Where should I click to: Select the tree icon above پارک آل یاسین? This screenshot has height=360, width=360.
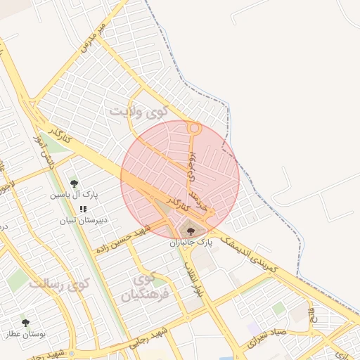click(75, 184)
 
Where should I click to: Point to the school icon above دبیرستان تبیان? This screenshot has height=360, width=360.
click(83, 209)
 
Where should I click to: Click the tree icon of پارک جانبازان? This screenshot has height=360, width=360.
click(191, 231)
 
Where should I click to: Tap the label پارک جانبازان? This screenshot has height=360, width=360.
click(191, 243)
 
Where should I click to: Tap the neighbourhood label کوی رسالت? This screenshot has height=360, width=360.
click(61, 284)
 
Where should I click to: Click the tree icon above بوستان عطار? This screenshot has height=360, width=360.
click(26, 323)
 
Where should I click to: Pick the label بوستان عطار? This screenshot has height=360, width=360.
click(26, 334)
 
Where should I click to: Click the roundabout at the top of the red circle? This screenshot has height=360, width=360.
click(194, 129)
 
